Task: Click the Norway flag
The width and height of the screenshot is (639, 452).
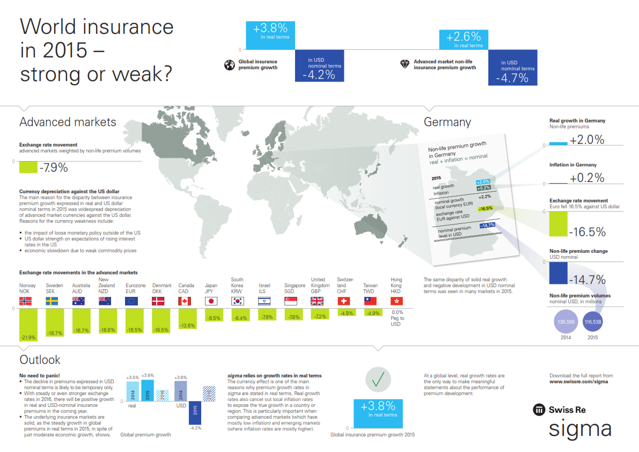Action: point(26,301)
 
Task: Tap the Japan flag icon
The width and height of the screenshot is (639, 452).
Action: point(211,301)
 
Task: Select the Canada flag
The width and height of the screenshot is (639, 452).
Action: point(185,301)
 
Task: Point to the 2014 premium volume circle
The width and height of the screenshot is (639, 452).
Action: point(565,322)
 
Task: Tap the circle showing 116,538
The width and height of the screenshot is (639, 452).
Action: point(593,322)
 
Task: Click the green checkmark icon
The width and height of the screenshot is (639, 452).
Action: point(378,380)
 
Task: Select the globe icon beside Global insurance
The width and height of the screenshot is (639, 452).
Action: point(229,65)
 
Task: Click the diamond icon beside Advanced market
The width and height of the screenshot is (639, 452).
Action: point(405,64)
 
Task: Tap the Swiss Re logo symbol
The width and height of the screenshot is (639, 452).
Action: point(538,410)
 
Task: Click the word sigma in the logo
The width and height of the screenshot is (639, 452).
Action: point(579,429)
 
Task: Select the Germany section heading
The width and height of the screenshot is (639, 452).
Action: point(447,122)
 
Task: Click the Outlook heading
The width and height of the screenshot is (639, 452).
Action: point(40,360)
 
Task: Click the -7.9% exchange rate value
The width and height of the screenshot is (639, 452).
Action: point(54,167)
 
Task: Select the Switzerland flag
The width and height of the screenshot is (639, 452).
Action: point(344,301)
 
